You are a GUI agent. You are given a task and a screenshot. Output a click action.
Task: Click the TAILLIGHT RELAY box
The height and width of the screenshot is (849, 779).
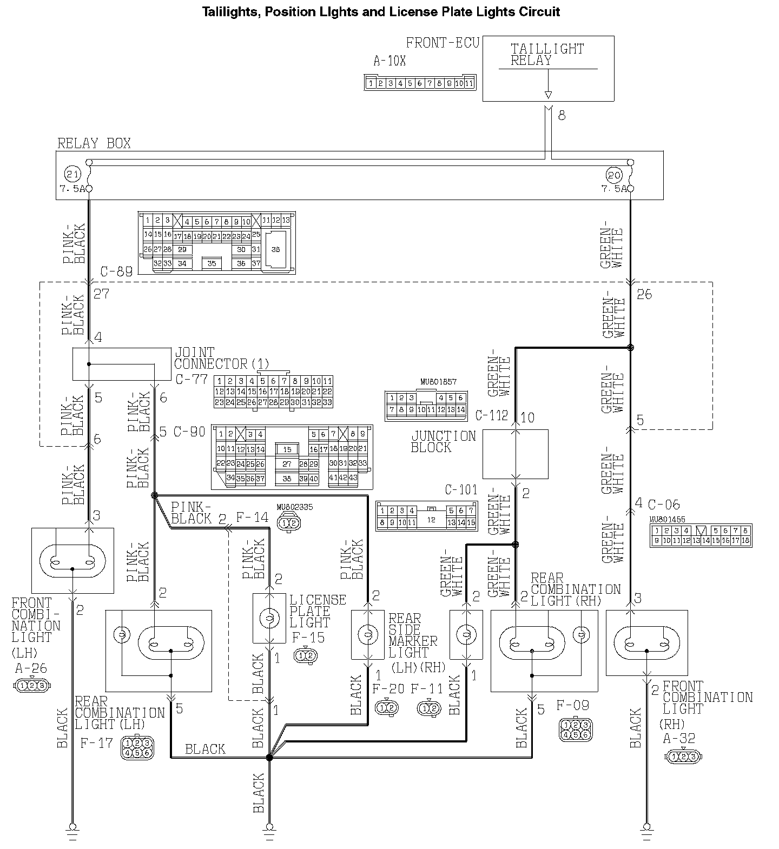548,68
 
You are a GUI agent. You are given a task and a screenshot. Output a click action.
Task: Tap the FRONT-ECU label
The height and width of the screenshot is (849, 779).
443,43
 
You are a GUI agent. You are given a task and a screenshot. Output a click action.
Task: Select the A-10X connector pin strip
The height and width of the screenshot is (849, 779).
420,83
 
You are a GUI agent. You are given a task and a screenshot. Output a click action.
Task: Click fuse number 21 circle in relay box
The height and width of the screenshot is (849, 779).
71,175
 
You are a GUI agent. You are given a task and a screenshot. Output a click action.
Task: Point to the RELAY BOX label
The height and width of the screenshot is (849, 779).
94,143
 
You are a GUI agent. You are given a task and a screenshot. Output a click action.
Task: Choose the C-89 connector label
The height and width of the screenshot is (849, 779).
116,271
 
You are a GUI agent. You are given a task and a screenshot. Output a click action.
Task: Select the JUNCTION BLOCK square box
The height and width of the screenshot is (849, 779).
515,454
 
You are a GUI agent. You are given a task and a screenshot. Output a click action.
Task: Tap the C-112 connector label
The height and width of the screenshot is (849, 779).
491,415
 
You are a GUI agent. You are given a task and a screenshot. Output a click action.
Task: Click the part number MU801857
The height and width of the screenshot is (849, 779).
438,382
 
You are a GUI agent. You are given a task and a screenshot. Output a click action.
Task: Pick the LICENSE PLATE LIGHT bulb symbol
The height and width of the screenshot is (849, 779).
269,618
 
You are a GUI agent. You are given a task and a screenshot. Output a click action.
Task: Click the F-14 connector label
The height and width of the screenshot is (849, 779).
252,518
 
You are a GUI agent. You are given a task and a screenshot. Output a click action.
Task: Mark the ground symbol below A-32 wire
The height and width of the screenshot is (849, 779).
646,830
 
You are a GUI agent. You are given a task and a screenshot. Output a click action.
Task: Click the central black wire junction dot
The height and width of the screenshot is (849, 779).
269,758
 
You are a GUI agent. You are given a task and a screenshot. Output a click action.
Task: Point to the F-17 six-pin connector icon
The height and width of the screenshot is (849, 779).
137,747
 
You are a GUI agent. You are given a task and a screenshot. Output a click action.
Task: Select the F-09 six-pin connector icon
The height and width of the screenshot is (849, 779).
575,729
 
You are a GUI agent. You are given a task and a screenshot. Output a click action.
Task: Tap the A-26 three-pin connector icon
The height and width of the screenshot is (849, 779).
32,686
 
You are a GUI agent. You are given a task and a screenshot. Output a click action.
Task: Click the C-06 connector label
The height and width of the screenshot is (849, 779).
663,505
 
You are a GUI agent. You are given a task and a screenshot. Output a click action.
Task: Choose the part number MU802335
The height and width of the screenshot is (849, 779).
294,507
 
